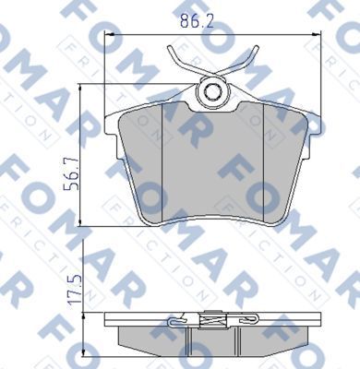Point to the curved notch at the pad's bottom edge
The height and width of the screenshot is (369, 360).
point(213,220)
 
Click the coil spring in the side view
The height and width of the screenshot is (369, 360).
point(213,322)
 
